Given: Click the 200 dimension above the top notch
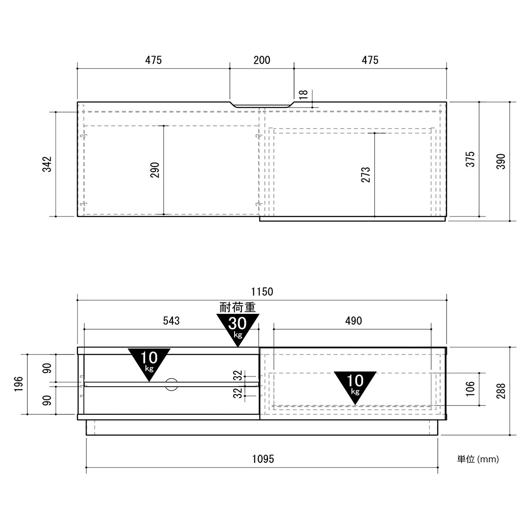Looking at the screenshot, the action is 261,60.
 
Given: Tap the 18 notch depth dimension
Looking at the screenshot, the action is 304,95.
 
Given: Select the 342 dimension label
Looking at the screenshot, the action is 47,164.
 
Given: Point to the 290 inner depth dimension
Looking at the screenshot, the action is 155,170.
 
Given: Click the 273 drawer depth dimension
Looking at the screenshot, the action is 365,175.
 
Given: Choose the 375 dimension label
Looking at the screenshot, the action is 470,159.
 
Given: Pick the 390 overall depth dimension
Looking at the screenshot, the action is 501,161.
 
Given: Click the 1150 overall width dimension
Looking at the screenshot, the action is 262,291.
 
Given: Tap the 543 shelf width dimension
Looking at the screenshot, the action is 171,320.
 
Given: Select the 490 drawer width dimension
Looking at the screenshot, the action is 354,320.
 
